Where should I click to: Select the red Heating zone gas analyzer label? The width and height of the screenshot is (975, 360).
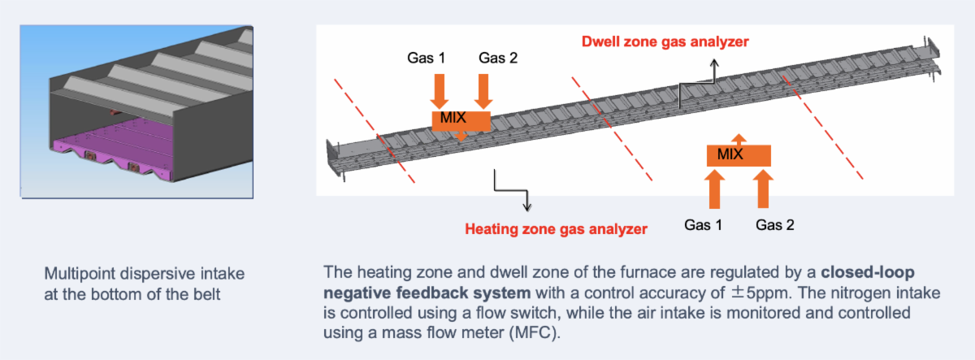pyautogui.click(x=556, y=229)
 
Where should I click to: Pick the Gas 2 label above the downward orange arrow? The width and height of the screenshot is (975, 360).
pyautogui.click(x=497, y=59)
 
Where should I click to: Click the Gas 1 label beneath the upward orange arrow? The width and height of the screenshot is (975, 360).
pyautogui.click(x=704, y=225)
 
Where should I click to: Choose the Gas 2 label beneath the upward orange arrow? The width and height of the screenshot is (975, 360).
pyautogui.click(x=774, y=225)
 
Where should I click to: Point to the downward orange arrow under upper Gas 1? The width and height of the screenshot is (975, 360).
pyautogui.click(x=440, y=89)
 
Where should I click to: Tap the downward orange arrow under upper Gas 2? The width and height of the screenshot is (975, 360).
pyautogui.click(x=483, y=89)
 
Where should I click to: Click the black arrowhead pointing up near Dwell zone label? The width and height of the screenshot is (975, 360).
pyautogui.click(x=714, y=62)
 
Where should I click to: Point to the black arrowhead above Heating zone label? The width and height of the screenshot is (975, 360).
pyautogui.click(x=528, y=206)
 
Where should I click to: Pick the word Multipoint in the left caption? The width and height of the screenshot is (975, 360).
pyautogui.click(x=76, y=273)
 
